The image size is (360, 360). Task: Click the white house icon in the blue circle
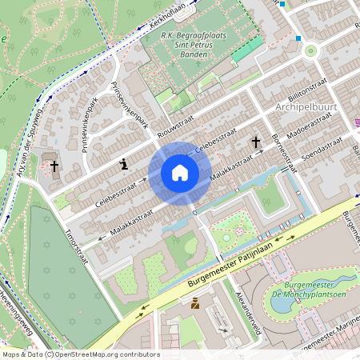(180, 173)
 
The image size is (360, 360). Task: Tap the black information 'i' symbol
(124, 165)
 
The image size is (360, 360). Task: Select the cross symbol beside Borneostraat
(257, 142)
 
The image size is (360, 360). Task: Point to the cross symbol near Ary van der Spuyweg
(54, 166)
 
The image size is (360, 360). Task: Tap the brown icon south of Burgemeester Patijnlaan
(195, 302)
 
